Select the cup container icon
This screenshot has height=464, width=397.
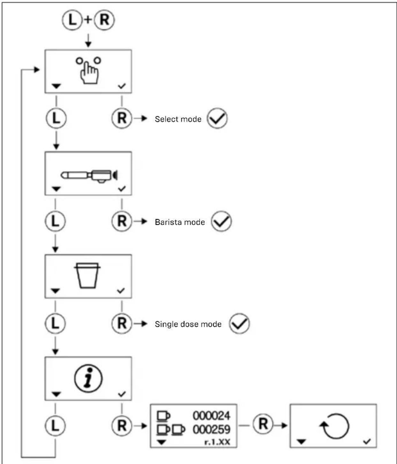tap(87, 275)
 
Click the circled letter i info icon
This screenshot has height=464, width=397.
tap(88, 378)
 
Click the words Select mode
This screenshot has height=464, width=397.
tap(178, 119)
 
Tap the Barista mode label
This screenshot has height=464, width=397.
tap(180, 222)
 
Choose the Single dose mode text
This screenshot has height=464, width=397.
tap(188, 324)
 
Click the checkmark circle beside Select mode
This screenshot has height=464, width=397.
tap(217, 118)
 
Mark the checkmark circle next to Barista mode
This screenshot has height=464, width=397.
tap(221, 221)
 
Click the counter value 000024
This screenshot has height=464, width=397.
tap(211, 415)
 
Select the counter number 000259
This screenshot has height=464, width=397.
tap(211, 429)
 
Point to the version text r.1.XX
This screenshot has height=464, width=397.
tap(217, 442)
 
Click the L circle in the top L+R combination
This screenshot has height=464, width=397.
tap(72, 20)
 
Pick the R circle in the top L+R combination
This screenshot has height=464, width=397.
tap(104, 20)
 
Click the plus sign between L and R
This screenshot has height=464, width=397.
tap(88, 20)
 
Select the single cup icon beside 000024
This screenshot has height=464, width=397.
tap(164, 416)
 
